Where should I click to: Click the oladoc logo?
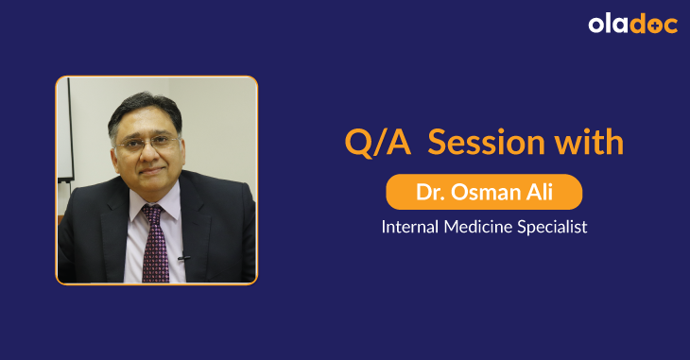click(632, 25)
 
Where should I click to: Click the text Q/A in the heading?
click(375, 143)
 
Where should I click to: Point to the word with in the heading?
click(589, 143)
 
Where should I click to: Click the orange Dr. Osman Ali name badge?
click(484, 193)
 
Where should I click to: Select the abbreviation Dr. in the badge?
click(430, 193)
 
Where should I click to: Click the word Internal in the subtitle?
click(408, 228)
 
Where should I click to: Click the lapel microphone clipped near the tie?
click(182, 258)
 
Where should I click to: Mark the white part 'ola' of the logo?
click(610, 25)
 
